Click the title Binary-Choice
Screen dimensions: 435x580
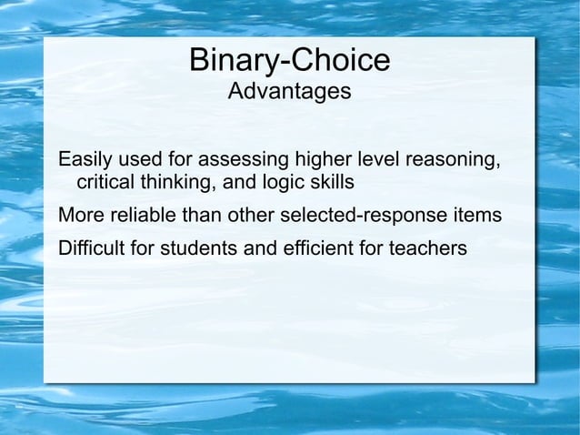click(289, 61)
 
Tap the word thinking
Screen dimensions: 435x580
click(176, 184)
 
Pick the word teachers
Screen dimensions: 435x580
click(432, 247)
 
